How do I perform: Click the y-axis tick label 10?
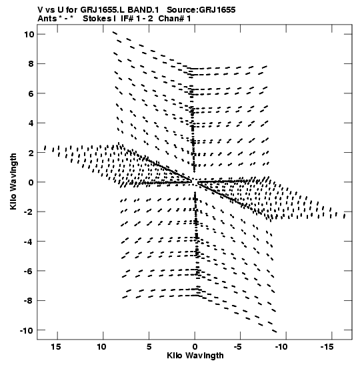pyautogui.click(x=29, y=35)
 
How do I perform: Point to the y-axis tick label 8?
pyautogui.click(x=31, y=64)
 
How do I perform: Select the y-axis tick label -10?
pyautogui.click(x=27, y=330)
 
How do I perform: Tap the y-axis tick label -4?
pyautogui.click(x=29, y=242)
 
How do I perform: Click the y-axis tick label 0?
pyautogui.click(x=31, y=182)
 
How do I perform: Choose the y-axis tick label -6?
pyautogui.click(x=29, y=271)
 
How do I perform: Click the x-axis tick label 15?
pyautogui.click(x=56, y=347)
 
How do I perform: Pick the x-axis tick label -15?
pyautogui.click(x=327, y=347)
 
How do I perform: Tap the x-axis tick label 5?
pyautogui.click(x=149, y=347)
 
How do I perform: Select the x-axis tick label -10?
pyautogui.click(x=281, y=347)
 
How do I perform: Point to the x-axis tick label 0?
pyautogui.click(x=195, y=347)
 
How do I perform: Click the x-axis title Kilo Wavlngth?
pyautogui.click(x=195, y=356)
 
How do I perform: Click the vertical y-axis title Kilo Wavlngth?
pyautogui.click(x=13, y=181)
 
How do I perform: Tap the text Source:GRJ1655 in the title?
pyautogui.click(x=201, y=10)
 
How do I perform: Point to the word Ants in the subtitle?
pyautogui.click(x=47, y=19)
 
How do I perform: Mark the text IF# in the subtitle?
pyautogui.click(x=127, y=19)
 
